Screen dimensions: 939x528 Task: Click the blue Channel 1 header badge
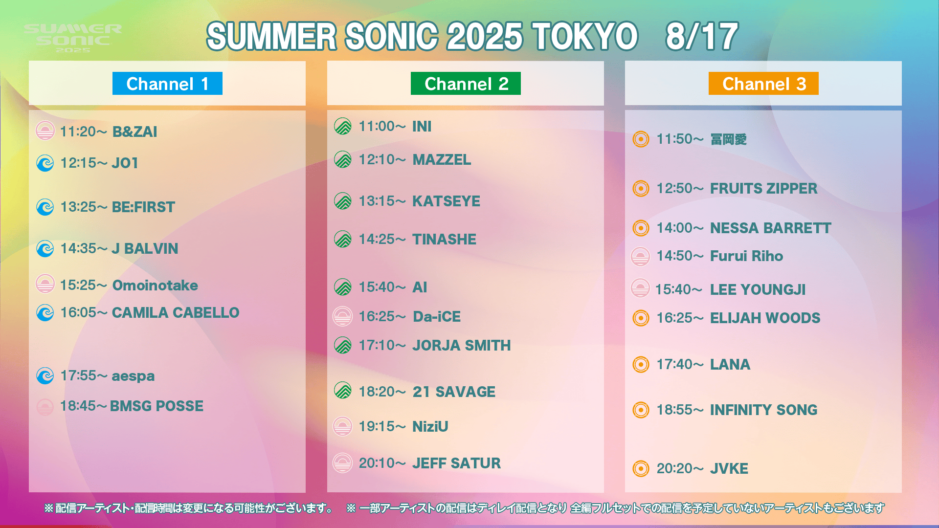167,84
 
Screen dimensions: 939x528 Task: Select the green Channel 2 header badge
466,84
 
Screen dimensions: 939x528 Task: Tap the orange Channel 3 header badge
763,84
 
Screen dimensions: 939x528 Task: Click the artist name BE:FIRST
143,207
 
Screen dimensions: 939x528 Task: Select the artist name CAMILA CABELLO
176,312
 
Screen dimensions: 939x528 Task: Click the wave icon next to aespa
45,376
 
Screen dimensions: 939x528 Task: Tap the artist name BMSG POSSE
156,406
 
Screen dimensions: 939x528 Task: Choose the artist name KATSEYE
446,201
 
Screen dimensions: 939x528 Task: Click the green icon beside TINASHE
343,239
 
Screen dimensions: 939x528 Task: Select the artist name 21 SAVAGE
454,392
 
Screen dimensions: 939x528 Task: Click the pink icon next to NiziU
342,426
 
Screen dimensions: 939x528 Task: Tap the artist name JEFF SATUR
456,463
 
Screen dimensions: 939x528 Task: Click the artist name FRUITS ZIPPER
763,188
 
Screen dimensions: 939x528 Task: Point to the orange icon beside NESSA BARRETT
641,228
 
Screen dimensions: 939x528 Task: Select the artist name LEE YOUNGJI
758,289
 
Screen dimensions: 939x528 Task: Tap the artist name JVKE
729,468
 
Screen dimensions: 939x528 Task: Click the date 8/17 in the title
702,36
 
